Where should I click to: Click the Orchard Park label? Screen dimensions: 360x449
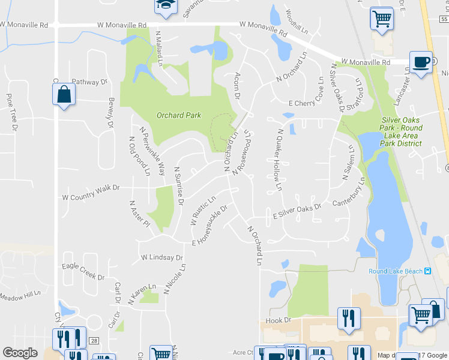click(x=178, y=115)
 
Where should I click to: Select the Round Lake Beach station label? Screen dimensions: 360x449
click(x=396, y=271)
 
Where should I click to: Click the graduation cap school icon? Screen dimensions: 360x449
click(x=163, y=6)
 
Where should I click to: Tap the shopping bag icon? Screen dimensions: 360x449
click(x=63, y=95)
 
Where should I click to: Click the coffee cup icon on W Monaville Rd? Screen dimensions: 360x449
click(x=421, y=62)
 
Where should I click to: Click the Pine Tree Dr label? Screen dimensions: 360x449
click(x=11, y=112)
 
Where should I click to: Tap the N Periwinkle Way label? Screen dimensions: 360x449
click(x=152, y=151)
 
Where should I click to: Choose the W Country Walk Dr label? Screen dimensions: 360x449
click(x=91, y=193)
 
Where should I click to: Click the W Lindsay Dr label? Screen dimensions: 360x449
click(x=161, y=257)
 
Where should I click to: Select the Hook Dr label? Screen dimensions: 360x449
click(x=278, y=320)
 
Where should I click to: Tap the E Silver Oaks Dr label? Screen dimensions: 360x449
click(x=297, y=210)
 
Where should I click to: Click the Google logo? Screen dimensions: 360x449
click(x=20, y=353)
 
